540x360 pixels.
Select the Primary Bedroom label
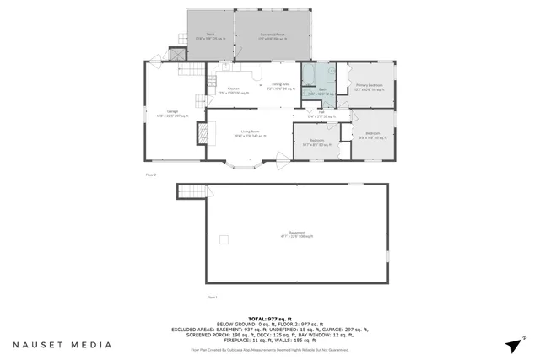369,87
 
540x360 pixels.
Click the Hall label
321,114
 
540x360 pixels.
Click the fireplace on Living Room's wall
202,133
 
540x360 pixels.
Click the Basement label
296,237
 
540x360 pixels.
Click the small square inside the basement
224,239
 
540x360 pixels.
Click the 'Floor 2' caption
151,175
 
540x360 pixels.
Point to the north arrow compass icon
516,343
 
